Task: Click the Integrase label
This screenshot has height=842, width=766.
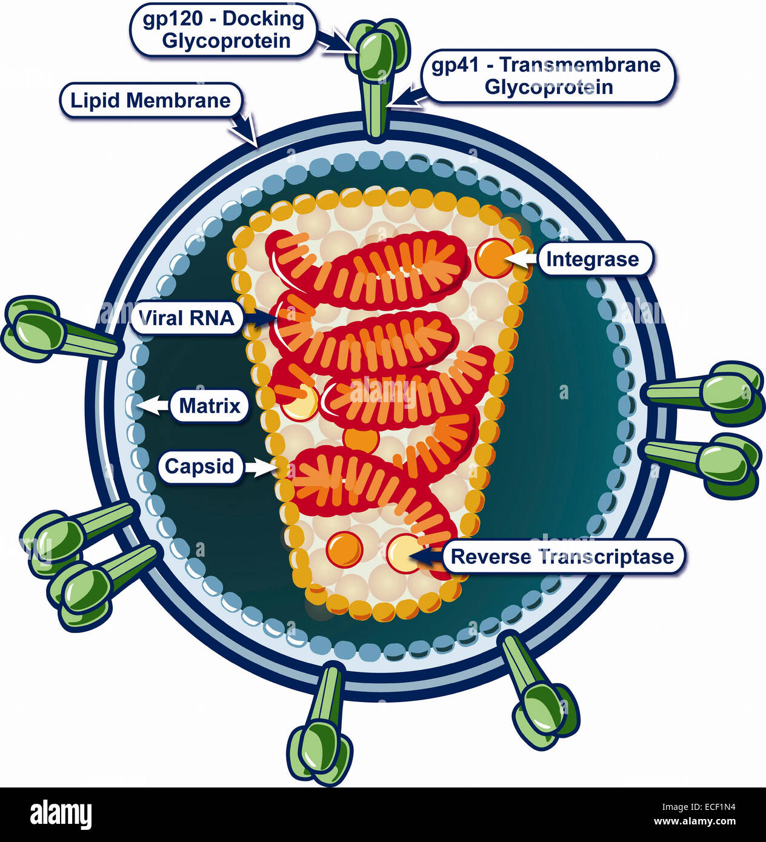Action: (x=592, y=259)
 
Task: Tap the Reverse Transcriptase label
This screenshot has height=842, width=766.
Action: (x=562, y=557)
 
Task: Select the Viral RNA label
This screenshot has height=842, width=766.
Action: (x=187, y=317)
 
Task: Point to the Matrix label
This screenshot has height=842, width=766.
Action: (x=210, y=405)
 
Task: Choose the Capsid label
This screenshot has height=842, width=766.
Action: (x=199, y=466)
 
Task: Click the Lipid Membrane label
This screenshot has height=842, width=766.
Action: (x=150, y=101)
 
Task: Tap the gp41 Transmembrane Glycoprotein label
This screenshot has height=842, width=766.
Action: (x=548, y=76)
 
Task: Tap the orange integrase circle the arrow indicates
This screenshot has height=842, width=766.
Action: (x=494, y=257)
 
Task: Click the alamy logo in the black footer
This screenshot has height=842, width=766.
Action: (x=61, y=814)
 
